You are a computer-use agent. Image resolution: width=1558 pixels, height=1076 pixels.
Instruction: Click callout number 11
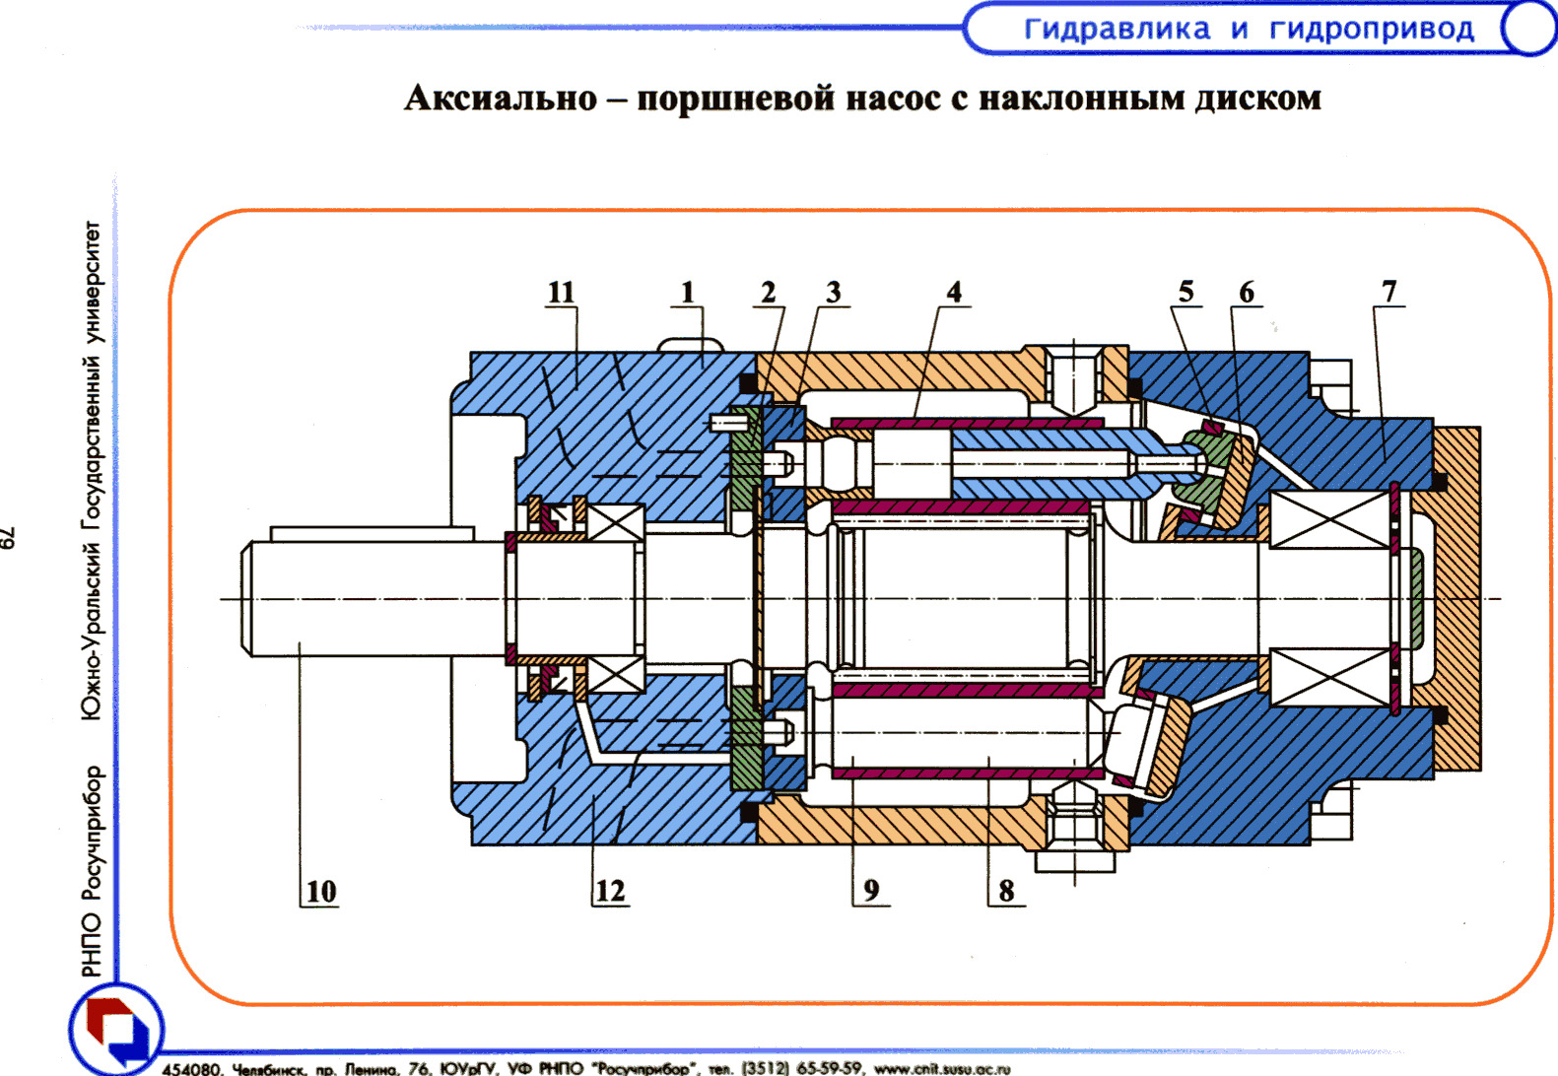tap(561, 292)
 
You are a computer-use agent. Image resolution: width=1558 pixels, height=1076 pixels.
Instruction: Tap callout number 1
tap(688, 292)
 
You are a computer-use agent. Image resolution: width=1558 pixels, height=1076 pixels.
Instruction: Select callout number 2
tap(769, 292)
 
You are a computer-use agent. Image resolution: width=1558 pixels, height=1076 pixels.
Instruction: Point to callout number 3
tap(834, 292)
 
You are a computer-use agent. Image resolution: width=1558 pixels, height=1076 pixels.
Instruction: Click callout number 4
tap(954, 292)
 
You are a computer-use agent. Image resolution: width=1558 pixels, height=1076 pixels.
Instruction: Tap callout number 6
tap(1247, 292)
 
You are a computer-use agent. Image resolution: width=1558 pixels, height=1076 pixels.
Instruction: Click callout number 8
tap(1006, 891)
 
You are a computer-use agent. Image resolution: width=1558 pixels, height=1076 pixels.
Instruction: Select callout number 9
tap(871, 891)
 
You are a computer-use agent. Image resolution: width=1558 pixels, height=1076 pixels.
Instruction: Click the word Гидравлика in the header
tap(1117, 29)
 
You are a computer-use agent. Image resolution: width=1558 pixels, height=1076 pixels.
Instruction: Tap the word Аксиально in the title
tap(501, 99)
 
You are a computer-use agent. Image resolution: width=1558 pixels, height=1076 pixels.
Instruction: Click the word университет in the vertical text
tap(92, 281)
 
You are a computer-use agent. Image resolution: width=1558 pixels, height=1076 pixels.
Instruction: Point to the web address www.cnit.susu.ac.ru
tap(941, 1068)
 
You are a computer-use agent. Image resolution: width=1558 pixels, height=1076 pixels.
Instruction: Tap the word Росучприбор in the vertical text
tap(92, 834)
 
